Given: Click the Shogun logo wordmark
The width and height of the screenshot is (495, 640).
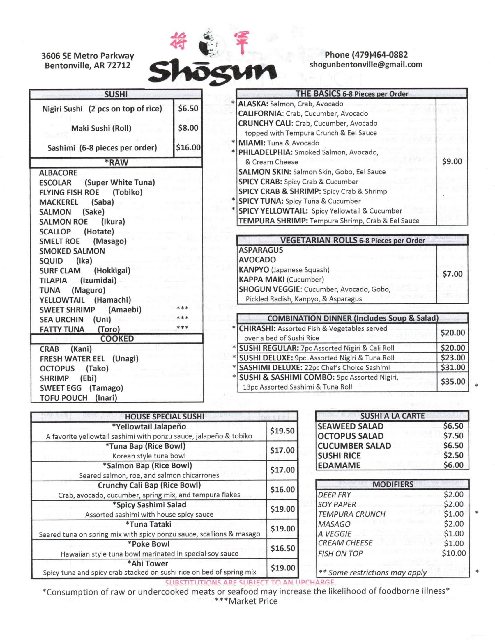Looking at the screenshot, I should coord(212,71).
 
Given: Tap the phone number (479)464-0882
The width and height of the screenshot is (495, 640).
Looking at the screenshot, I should coord(366,55).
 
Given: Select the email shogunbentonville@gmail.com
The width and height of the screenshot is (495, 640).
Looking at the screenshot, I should coord(366,65).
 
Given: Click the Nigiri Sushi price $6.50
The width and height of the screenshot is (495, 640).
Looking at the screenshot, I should coord(188,109).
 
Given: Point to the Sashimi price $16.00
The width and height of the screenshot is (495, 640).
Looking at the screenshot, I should coord(188,147).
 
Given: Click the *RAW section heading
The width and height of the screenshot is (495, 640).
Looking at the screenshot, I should coord(116,162).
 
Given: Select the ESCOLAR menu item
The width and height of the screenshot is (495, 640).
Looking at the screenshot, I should coord(55,183).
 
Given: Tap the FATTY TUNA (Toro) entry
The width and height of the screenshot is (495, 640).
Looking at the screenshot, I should coord(79,329).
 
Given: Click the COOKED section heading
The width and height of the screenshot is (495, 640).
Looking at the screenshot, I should coord(117,339).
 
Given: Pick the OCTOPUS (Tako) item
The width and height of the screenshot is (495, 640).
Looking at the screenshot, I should coord(74,368).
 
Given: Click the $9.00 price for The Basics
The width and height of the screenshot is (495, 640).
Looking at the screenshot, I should coord(452,161).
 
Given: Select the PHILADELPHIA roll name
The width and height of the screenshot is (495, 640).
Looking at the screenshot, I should coord(265,152).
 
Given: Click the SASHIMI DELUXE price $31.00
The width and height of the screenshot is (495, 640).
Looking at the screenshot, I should coord(453,367).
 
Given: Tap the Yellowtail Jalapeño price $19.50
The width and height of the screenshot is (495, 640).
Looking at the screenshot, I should coord(282,431).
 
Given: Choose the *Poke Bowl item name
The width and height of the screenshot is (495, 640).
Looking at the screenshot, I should coord(149,544).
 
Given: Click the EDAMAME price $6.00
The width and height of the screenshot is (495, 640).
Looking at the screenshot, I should coord(453,465).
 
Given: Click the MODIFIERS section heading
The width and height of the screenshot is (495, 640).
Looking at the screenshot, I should coord(393,484).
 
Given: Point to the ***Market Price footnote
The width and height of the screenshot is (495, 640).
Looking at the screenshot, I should coord(246,601).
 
